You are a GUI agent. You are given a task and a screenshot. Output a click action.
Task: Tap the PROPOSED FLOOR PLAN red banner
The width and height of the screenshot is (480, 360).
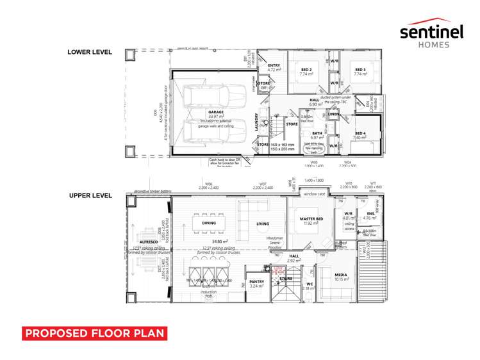coord(95,333)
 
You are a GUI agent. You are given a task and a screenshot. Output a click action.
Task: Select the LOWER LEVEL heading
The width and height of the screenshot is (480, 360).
coord(90,52)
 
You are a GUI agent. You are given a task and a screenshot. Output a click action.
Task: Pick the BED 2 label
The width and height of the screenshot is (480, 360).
coord(306,69)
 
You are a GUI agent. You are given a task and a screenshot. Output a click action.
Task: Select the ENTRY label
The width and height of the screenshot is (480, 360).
coord(274,66)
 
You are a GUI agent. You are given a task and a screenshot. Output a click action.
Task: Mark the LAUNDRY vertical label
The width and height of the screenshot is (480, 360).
coord(256,121)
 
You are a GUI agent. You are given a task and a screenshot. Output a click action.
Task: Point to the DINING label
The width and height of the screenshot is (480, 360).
coord(209,224)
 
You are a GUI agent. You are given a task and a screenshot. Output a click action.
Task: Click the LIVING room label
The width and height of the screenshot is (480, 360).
coord(263,224)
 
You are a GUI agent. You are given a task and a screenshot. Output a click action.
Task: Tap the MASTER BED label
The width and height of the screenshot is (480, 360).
coord(310,219)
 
